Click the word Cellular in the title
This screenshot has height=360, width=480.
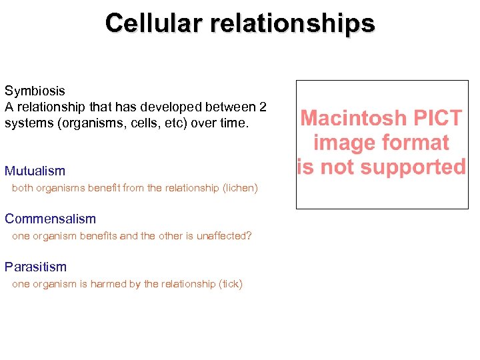(154, 23)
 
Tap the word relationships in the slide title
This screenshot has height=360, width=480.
(293, 23)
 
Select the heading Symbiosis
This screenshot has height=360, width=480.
(35, 91)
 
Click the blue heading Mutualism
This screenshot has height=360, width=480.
(35, 171)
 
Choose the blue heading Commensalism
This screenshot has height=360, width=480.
(50, 219)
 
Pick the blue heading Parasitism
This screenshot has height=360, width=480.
(35, 267)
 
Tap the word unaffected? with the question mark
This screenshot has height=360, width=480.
(223, 236)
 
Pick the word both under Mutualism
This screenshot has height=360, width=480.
(23, 188)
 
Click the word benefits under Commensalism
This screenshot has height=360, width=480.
(99, 236)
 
